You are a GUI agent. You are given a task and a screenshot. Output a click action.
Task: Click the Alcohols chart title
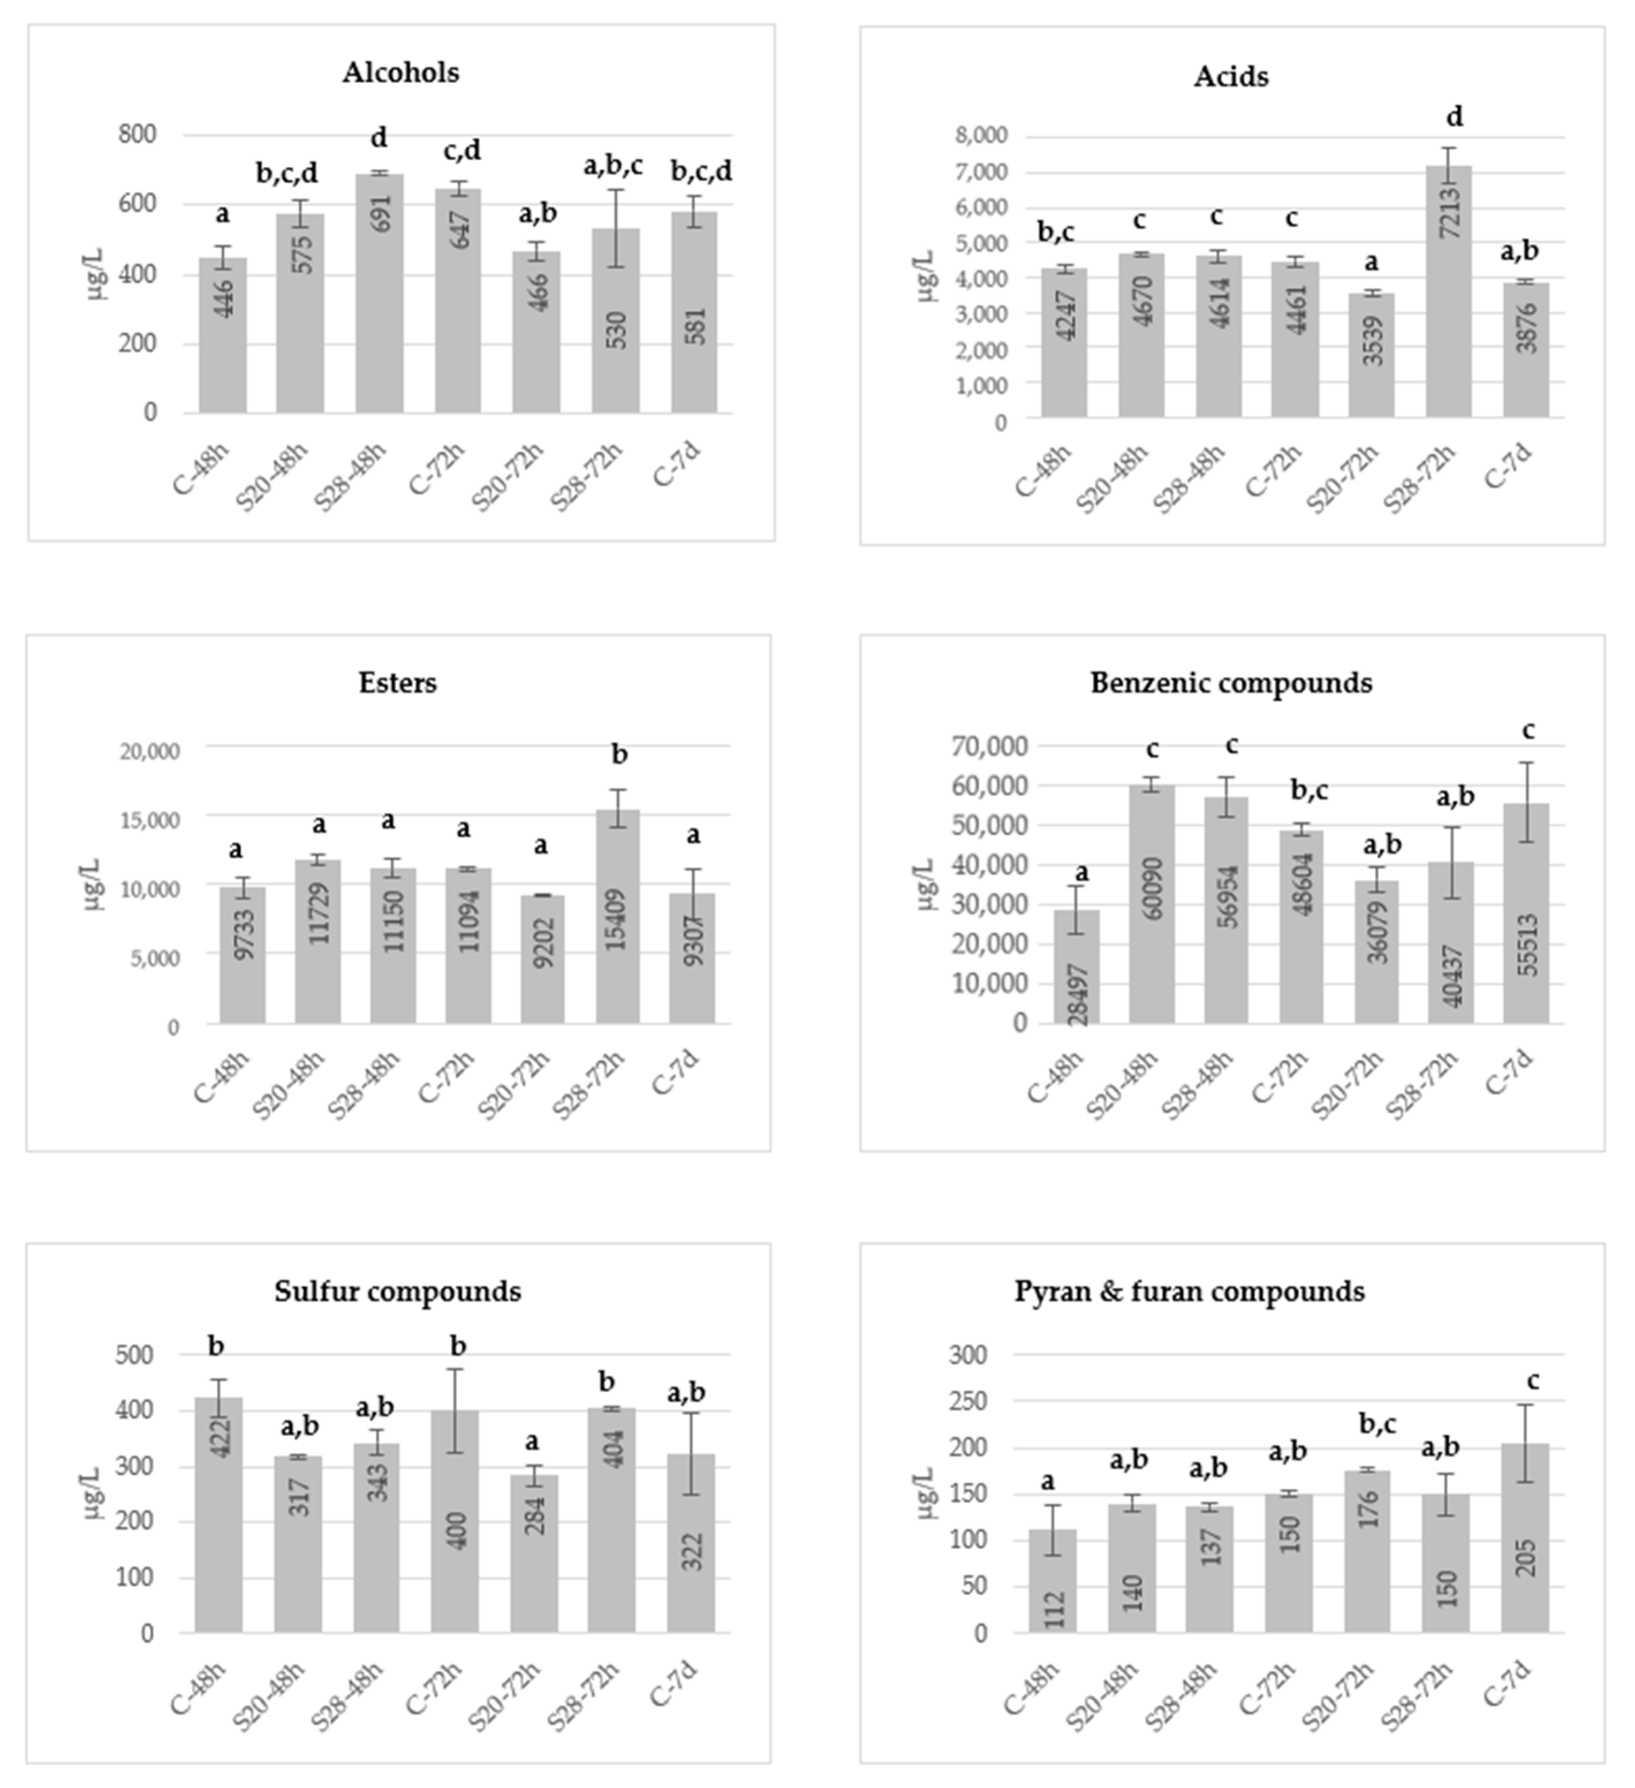pos(401,72)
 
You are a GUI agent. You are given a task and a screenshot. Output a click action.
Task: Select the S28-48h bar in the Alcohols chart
pos(380,293)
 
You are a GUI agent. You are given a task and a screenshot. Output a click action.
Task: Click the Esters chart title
pos(397,683)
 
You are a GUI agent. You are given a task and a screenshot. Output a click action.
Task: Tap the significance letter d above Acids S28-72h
pos(1454,116)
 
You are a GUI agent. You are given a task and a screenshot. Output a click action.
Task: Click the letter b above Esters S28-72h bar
pos(620,755)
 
